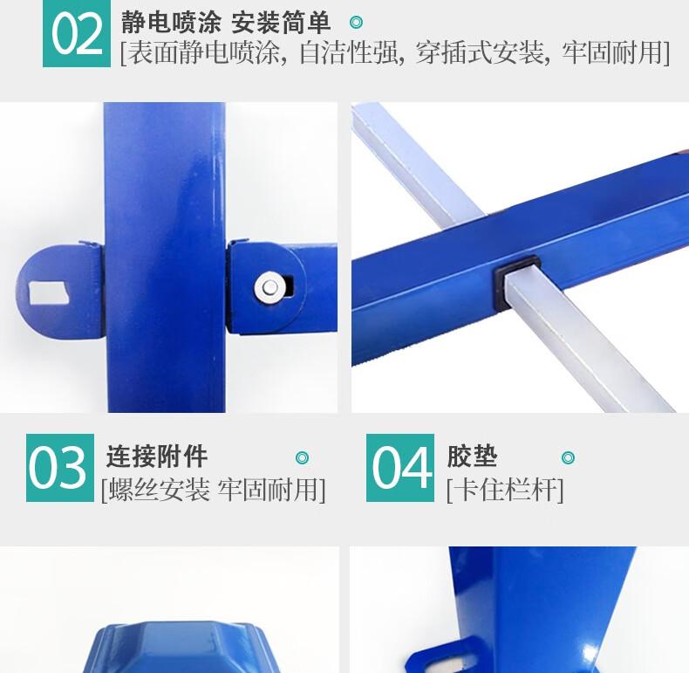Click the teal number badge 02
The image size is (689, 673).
[77, 33]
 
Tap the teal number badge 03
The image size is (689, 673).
[60, 468]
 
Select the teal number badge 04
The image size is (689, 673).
[400, 468]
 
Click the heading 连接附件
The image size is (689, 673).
[157, 457]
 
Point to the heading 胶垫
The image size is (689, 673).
[473, 457]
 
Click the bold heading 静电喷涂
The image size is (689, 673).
[171, 23]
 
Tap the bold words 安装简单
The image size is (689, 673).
[281, 23]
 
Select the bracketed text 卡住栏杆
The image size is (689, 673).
[505, 490]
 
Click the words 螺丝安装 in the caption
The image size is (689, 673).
[160, 490]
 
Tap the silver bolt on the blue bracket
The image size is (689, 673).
[269, 288]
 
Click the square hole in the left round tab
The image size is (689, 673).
[48, 292]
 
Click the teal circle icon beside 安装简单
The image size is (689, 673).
[357, 22]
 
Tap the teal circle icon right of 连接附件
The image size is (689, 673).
[302, 458]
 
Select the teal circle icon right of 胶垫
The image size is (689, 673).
[568, 458]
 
